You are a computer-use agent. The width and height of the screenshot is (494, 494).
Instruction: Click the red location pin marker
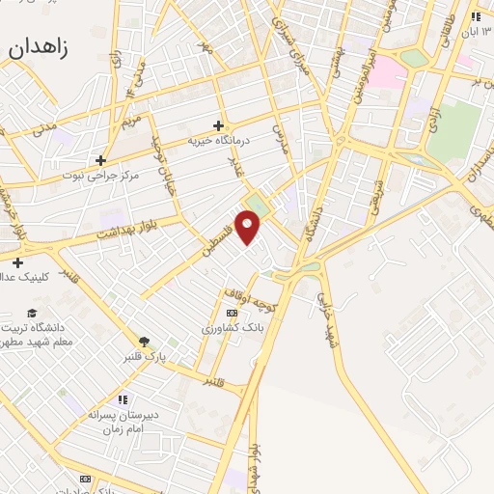point(249,228)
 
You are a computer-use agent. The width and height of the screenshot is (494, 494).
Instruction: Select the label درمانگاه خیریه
point(218,140)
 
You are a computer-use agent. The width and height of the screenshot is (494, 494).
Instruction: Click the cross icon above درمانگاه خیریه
point(219,124)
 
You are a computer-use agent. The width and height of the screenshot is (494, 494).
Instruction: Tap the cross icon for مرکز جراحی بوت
point(99,160)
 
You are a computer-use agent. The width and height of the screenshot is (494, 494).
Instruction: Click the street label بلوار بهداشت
point(125,231)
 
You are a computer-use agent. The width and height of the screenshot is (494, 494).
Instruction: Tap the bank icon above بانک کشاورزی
point(232,314)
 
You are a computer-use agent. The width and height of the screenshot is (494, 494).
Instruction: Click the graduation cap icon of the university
point(32,313)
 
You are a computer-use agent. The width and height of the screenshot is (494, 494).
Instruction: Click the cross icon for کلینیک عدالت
point(17,262)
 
